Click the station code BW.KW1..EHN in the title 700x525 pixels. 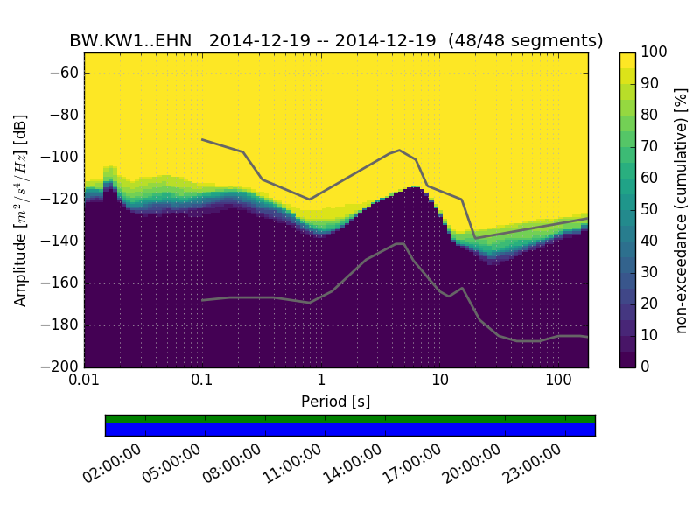coord(130,41)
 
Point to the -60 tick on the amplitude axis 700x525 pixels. coord(66,73)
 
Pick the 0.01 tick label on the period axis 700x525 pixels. coord(84,381)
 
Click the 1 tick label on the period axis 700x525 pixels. coord(321,381)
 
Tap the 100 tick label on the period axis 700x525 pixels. coord(558,381)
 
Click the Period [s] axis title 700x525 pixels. coord(336,402)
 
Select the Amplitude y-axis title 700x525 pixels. coord(21,210)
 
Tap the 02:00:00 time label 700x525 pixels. coord(113,464)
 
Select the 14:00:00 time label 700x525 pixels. coord(353,464)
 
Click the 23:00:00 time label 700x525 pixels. coord(532,464)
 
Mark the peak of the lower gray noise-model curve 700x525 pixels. coord(401,243)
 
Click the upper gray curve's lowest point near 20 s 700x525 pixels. coord(475,238)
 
